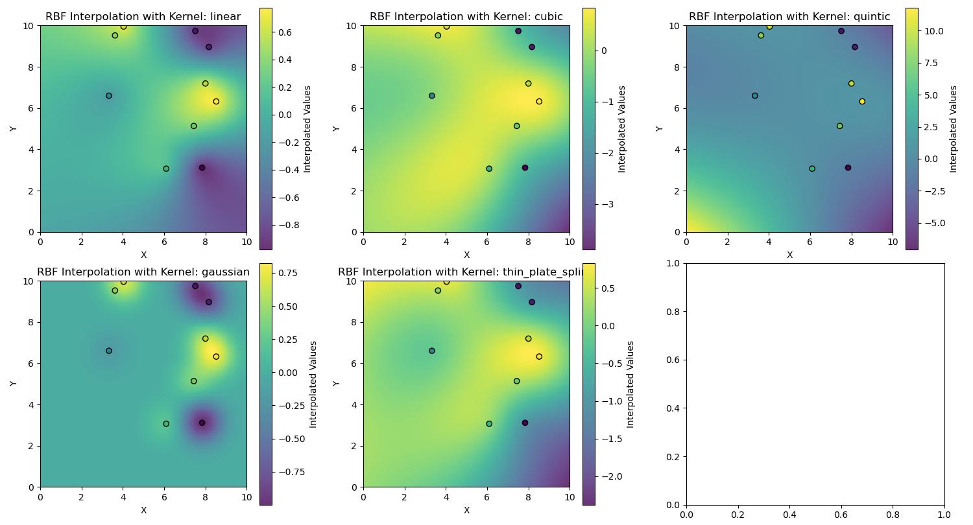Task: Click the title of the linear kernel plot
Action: [x=143, y=17]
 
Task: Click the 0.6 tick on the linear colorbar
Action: [x=285, y=32]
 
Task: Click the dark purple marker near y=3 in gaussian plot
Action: [x=202, y=423]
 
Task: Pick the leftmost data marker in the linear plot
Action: [x=109, y=96]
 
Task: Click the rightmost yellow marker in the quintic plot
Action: [x=862, y=102]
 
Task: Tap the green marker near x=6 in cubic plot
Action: [x=489, y=169]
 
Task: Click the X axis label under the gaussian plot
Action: [x=143, y=511]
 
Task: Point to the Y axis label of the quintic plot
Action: [x=659, y=128]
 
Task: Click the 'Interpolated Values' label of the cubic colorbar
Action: [x=621, y=128]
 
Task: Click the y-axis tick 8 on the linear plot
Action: [x=30, y=67]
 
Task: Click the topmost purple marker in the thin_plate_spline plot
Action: [x=518, y=286]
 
